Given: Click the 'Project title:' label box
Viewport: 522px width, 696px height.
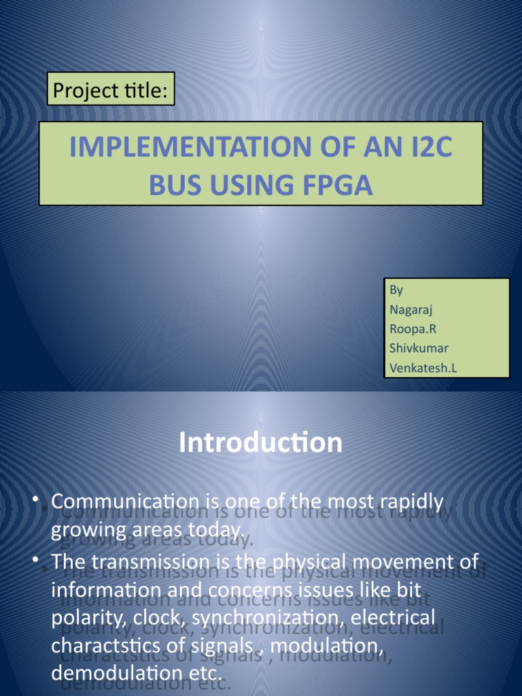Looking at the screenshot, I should click(111, 89).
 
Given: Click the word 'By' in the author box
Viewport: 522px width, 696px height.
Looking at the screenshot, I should click(396, 290).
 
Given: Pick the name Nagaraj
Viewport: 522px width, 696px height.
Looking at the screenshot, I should click(411, 310).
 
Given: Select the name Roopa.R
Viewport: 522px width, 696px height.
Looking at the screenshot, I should click(412, 329).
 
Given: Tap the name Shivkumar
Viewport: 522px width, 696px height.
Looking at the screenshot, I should click(419, 349).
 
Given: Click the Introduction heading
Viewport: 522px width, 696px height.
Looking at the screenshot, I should click(260, 443).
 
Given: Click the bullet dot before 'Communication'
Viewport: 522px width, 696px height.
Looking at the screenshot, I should click(36, 502).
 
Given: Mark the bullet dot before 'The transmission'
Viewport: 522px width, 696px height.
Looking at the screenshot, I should click(36, 561).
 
